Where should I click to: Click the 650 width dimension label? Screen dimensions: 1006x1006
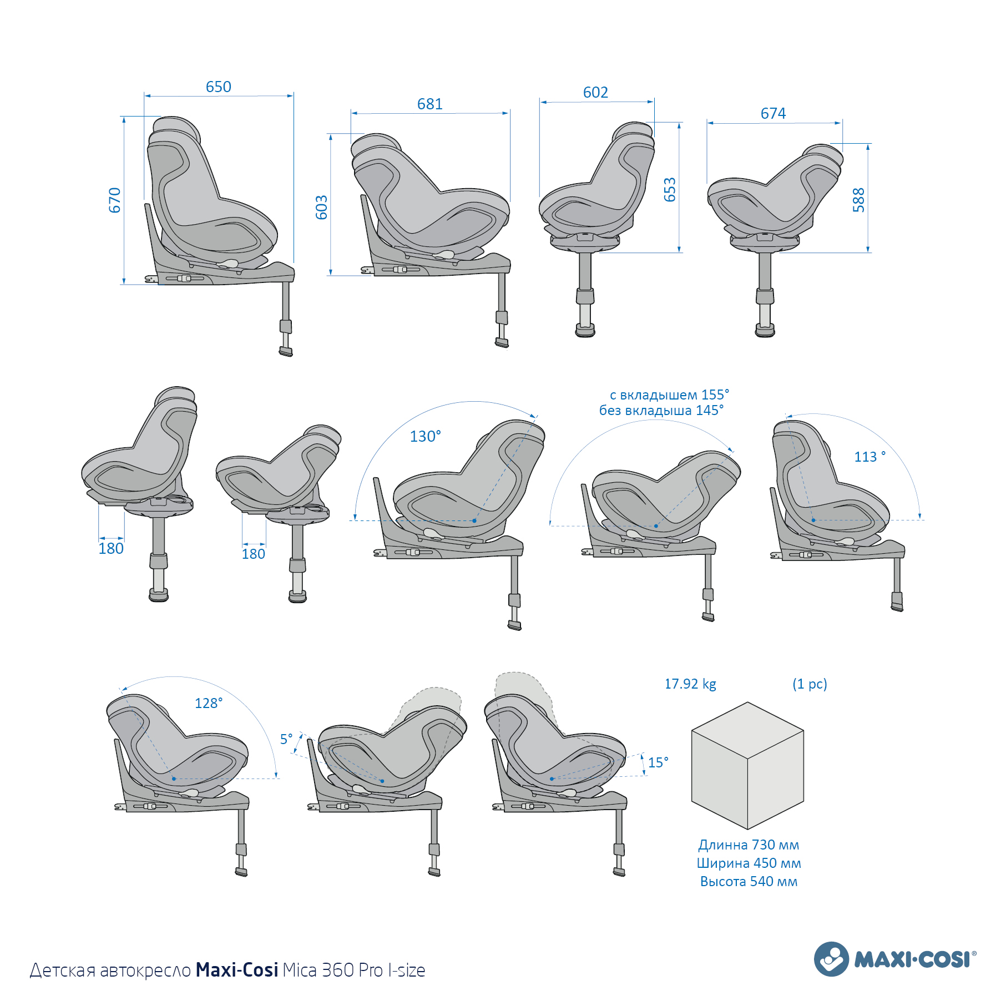point(218,87)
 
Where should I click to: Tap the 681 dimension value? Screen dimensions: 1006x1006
point(429,104)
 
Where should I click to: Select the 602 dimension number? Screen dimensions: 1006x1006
point(595,93)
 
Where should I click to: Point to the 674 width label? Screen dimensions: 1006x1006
point(773,114)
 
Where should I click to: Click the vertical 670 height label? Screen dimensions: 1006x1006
point(115,200)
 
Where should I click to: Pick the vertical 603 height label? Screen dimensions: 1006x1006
point(322,208)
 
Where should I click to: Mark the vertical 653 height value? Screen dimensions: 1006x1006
point(670,190)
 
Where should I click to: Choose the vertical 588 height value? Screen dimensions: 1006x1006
point(859,200)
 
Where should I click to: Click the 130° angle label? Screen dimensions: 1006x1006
point(425,437)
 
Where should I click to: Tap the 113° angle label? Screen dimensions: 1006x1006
point(869,457)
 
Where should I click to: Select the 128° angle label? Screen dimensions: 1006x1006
point(209,704)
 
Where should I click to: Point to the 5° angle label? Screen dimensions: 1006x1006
point(286,739)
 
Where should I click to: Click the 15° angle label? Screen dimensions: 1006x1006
point(658,763)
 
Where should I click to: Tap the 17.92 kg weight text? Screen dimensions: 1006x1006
point(690,684)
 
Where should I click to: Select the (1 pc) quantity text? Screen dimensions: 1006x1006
point(810,684)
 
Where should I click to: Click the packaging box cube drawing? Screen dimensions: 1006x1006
point(747,766)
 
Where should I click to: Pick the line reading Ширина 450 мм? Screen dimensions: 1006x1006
point(749,863)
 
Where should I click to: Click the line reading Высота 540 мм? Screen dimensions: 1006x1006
point(749,882)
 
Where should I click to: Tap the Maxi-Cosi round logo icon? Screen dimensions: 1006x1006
point(831,959)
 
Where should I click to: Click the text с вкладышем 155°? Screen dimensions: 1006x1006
point(669,395)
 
